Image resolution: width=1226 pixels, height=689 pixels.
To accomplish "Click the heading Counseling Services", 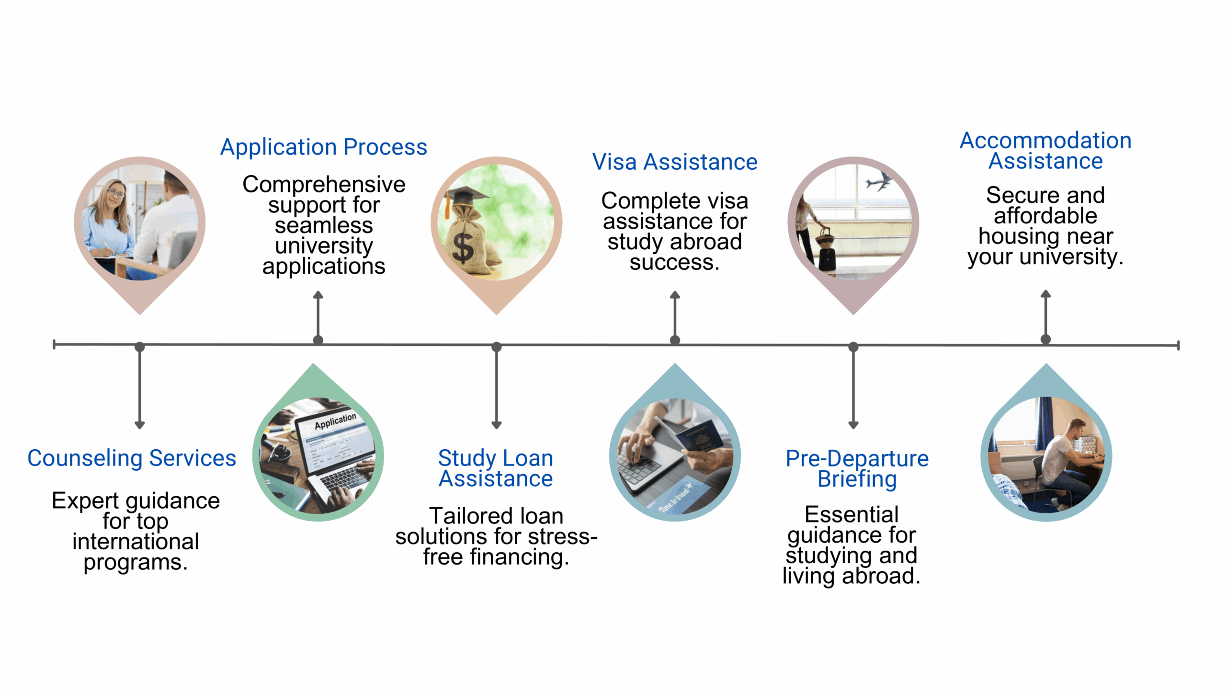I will point(132,458).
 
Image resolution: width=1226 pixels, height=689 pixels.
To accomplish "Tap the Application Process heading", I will point(323,147).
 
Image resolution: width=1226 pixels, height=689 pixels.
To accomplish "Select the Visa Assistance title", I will point(674,162).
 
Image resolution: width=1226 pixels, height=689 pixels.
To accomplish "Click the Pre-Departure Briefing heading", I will point(857,468).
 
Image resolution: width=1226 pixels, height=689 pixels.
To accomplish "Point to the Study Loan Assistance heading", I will point(496,468).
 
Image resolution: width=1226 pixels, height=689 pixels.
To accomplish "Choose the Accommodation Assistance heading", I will point(1045,151).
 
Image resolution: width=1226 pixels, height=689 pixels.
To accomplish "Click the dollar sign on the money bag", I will point(463,248).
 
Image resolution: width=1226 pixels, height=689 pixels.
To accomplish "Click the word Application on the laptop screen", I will point(335,421).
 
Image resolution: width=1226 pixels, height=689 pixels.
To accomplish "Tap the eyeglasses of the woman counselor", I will point(115,193).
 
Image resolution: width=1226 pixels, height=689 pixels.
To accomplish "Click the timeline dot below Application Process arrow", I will point(318,340).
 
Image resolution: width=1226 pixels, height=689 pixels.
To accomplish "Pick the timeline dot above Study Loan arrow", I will point(497,347).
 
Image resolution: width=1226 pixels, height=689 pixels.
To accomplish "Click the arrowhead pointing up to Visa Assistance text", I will point(675,295).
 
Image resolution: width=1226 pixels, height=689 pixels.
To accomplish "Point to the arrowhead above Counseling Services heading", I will point(139,425).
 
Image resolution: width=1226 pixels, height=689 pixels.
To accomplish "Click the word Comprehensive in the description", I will point(324,185).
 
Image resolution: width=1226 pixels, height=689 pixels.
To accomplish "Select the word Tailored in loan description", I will point(461,516).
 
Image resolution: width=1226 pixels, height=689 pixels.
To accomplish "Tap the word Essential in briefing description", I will point(851,515).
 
